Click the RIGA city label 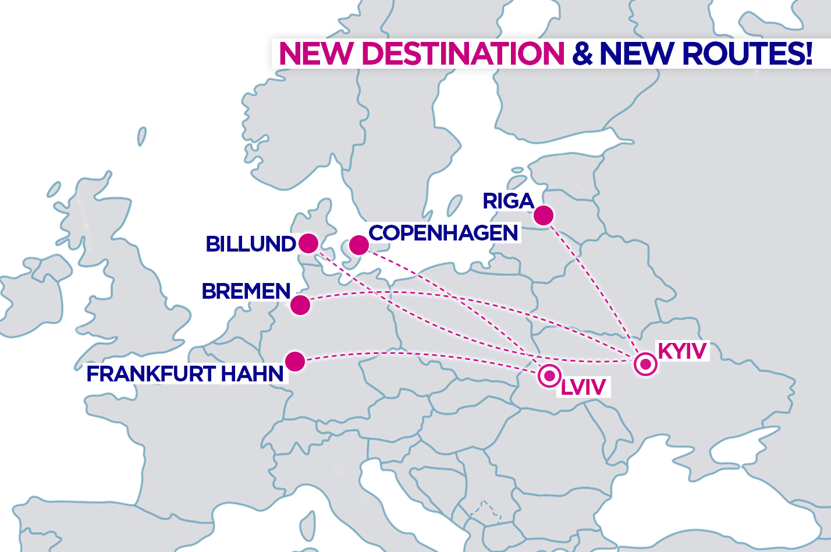[508, 201]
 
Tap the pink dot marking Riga [544, 215]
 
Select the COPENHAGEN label [443, 233]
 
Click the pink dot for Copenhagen [359, 245]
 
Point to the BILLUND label [251, 244]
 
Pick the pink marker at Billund [308, 243]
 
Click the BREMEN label [246, 291]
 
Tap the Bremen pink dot [300, 305]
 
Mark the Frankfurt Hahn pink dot [295, 361]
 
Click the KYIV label [682, 351]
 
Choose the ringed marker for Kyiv [645, 365]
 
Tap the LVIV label [583, 387]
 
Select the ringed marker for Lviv [549, 376]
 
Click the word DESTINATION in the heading [463, 54]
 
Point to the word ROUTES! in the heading [747, 54]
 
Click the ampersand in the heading [582, 54]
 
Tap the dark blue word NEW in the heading [637, 54]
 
